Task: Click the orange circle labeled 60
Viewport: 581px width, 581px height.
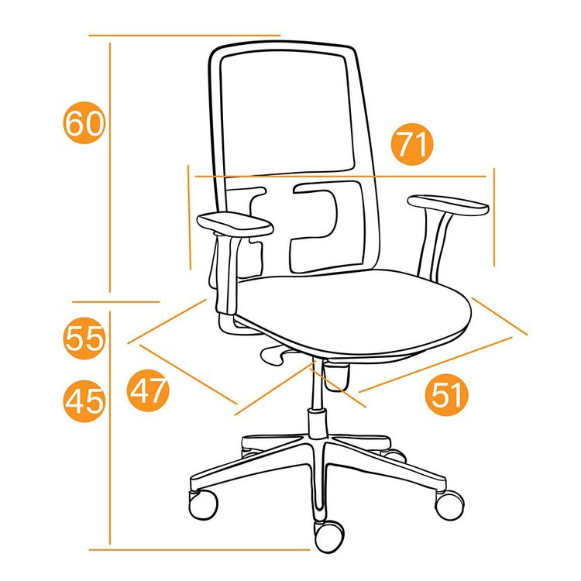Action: coord(84,122)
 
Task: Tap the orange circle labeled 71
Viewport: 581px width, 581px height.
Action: coord(412,144)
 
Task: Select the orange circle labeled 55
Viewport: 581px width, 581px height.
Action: coord(84,338)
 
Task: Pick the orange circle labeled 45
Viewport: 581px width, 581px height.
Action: coord(84,401)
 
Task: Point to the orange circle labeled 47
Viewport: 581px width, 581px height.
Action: coord(148,390)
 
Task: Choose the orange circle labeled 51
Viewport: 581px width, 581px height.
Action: coord(447,394)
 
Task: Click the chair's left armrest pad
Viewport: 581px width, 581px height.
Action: coord(235,223)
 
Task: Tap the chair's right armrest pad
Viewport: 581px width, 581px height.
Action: coord(448,205)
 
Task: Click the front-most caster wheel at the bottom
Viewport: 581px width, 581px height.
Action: coord(328,537)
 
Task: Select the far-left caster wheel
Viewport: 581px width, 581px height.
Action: coord(203,504)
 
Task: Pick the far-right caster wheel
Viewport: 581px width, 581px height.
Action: coord(449,505)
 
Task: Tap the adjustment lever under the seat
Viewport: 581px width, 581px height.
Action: coord(274,354)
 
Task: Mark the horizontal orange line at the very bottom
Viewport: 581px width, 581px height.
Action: coord(199,549)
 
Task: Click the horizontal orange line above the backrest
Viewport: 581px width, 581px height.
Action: coord(184,36)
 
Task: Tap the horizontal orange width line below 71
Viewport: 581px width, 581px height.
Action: coord(340,177)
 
